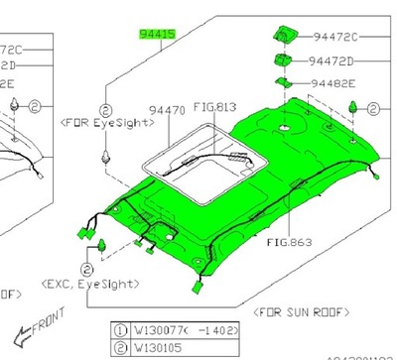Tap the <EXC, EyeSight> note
pos(91,284)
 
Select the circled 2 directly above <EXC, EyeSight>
pos(89,268)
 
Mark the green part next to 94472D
pos(279,61)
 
